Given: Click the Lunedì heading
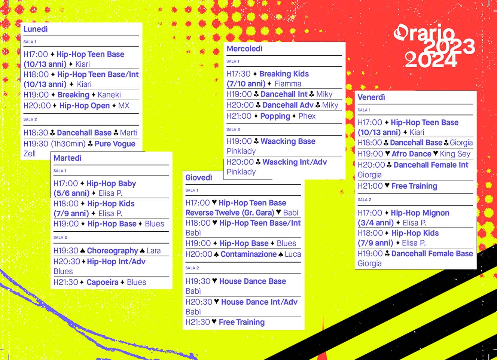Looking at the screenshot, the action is (36, 29).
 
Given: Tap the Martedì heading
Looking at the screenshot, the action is (67, 158).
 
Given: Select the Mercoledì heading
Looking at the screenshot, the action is (244, 49).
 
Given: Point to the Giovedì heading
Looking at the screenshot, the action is (199, 178).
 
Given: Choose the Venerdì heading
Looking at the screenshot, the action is (371, 97).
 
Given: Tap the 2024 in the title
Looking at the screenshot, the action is (431, 60).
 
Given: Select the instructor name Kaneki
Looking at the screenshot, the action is (109, 95).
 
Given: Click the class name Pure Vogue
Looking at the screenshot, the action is (115, 144).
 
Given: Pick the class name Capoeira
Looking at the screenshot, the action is (102, 283).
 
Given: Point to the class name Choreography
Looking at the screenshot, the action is (113, 251).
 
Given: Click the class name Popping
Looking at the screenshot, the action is (275, 116).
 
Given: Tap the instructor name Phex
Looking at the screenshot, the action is (307, 116).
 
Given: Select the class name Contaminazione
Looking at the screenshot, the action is (248, 254).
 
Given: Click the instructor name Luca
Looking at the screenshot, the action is (293, 254).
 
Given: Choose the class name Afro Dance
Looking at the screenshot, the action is (411, 154).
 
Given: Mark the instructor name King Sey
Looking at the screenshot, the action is (455, 154).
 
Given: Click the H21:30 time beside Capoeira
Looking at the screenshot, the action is (65, 283).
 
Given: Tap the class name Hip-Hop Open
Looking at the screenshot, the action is (85, 106).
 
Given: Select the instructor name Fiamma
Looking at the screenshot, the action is (288, 84).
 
